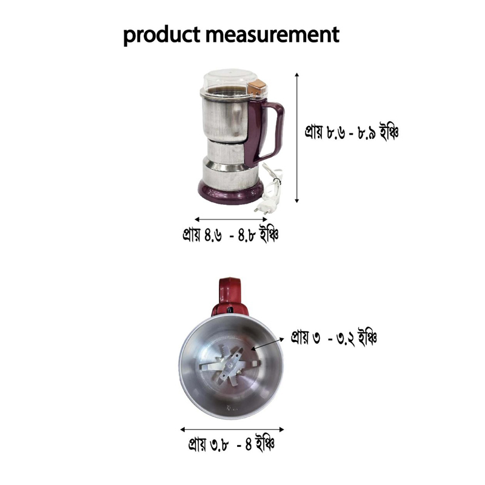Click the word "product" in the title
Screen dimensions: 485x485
[162, 35]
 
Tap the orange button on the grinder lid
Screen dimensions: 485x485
[257, 87]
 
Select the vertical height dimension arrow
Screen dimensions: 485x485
[297, 138]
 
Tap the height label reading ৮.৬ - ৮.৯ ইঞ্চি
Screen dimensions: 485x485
[352, 132]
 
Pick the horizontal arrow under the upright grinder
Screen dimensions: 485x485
[231, 219]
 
